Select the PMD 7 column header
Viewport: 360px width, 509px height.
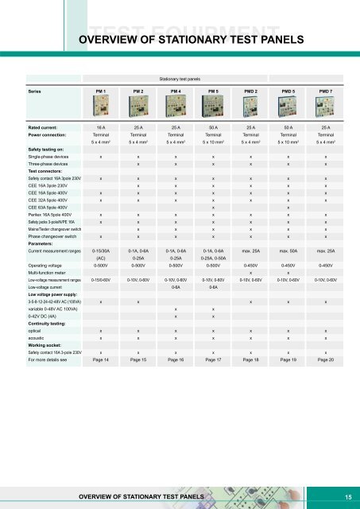pos(326,92)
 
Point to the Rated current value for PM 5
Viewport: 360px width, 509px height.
pos(213,127)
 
